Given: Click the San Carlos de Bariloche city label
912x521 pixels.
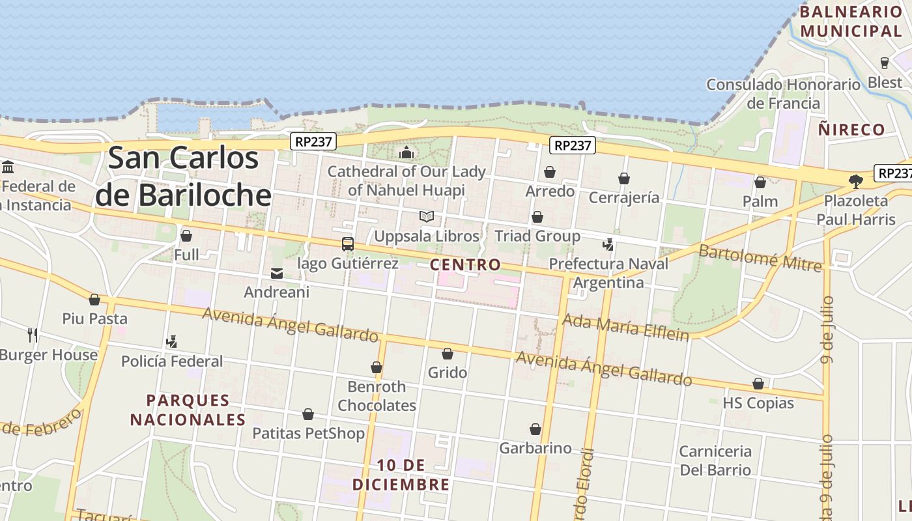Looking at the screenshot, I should pyautogui.click(x=184, y=176).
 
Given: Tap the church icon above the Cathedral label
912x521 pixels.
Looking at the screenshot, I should pyautogui.click(x=406, y=153).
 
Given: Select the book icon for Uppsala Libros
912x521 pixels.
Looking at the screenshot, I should pyautogui.click(x=427, y=217).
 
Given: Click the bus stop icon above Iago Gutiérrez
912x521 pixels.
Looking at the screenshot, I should pyautogui.click(x=348, y=244).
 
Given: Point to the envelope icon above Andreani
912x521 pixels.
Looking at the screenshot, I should pyautogui.click(x=277, y=274).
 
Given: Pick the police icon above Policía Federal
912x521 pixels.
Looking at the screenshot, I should pyautogui.click(x=171, y=341).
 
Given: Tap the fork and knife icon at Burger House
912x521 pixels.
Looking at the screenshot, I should pyautogui.click(x=33, y=335).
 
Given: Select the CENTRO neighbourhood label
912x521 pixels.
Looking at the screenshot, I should pyautogui.click(x=466, y=264).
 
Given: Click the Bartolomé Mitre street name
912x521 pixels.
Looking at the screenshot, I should pyautogui.click(x=760, y=258).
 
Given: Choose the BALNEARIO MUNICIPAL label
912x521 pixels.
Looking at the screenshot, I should pyautogui.click(x=851, y=21).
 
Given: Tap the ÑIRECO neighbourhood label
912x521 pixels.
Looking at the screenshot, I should pyautogui.click(x=852, y=130).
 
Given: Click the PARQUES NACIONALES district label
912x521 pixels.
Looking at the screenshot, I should pyautogui.click(x=188, y=410).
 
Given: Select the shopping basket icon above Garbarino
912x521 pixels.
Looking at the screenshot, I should pyautogui.click(x=535, y=429).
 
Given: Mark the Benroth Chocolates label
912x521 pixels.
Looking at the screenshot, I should pyautogui.click(x=377, y=396).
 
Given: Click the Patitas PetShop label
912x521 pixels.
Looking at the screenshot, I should pyautogui.click(x=308, y=433).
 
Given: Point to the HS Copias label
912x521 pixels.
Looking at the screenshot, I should pyautogui.click(x=758, y=403).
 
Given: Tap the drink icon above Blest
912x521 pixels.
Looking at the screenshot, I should pyautogui.click(x=885, y=63).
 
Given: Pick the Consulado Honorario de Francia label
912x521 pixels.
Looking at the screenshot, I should pyautogui.click(x=784, y=94).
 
